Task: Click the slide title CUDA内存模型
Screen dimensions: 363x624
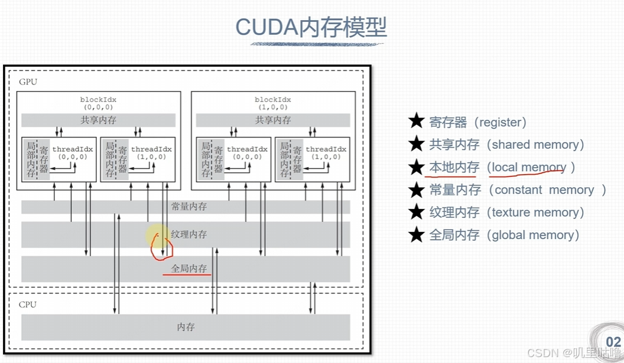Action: click(311, 27)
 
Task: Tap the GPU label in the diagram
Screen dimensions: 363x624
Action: click(28, 81)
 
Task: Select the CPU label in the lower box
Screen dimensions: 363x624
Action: click(28, 305)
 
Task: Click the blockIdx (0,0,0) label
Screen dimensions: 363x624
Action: click(98, 103)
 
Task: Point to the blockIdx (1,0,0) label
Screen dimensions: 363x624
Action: click(272, 103)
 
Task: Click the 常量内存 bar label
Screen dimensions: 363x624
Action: click(188, 207)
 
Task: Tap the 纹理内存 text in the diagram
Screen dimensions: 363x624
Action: click(188, 234)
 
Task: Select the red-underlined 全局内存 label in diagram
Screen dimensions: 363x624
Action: click(188, 269)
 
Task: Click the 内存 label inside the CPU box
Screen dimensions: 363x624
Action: click(186, 327)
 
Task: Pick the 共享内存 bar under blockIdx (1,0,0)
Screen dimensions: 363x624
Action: click(272, 120)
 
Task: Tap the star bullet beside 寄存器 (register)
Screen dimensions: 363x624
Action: click(417, 122)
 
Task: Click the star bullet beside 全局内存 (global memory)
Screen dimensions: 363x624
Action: click(417, 235)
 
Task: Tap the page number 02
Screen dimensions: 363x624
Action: click(613, 342)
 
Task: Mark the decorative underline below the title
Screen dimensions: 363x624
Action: click(317, 44)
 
